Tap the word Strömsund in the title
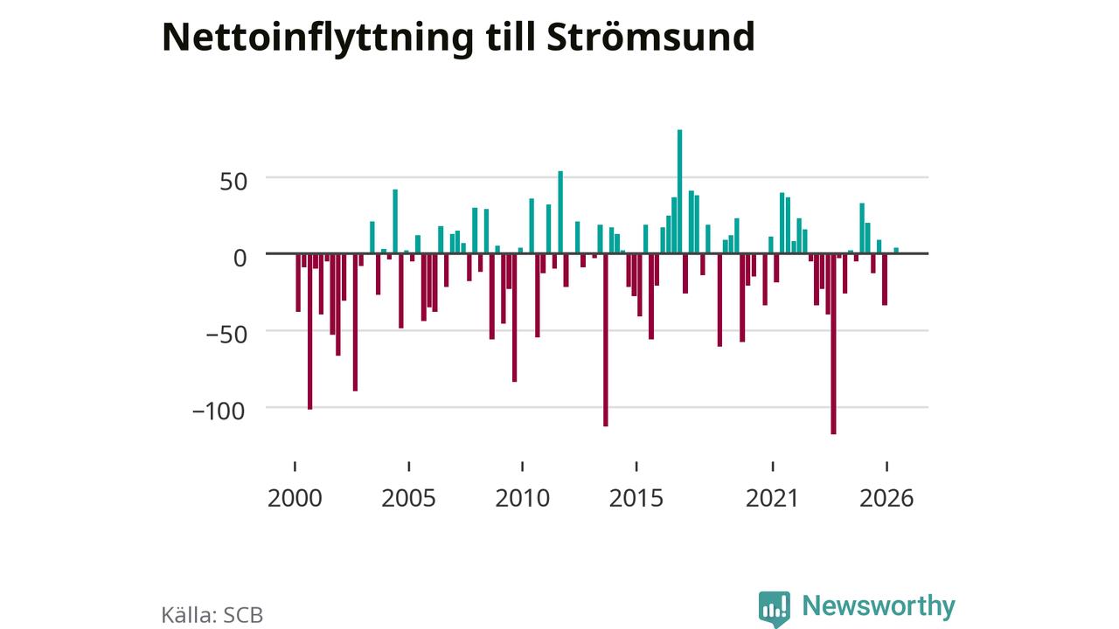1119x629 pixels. (650, 37)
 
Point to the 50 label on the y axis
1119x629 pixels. (233, 183)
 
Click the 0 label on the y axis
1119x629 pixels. (240, 259)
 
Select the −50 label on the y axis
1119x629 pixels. (226, 335)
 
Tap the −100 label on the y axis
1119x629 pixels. (219, 411)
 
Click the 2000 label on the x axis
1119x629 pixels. (295, 498)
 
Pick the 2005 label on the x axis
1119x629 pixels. (408, 498)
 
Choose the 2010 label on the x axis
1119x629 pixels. (523, 498)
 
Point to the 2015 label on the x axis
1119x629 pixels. (636, 498)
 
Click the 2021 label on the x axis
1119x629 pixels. (772, 498)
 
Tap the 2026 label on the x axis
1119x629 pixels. (886, 498)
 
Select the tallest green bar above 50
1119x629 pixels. (679, 191)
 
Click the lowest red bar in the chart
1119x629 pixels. (833, 344)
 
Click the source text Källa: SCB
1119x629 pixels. (212, 615)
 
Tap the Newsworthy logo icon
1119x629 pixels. (775, 609)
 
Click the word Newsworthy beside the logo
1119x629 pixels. (879, 605)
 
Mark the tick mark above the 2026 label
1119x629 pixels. (886, 467)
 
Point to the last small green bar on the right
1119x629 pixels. (896, 251)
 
